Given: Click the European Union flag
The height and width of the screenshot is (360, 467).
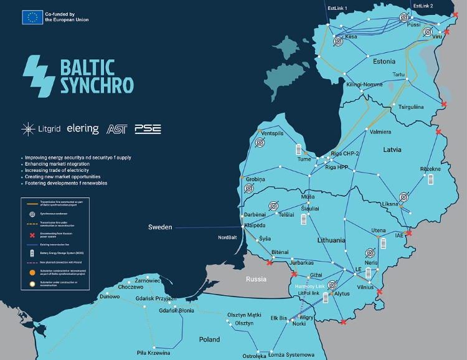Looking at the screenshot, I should tap(32, 17).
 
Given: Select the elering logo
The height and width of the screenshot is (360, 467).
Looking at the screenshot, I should tap(83, 129).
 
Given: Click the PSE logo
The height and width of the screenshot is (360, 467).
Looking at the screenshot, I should tap(148, 129).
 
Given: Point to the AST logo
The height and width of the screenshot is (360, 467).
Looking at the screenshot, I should tap(116, 129).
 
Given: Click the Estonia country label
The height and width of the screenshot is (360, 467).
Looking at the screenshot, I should tap(384, 62).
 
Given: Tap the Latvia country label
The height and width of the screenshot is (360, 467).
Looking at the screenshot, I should tap(392, 149).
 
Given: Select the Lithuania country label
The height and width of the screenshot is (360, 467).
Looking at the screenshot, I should tap(331, 240).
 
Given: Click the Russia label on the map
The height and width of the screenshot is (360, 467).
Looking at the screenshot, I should tap(256, 279).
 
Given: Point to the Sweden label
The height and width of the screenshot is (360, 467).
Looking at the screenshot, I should tap(159, 227).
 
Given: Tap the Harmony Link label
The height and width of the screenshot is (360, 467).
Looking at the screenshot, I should tap(309, 286).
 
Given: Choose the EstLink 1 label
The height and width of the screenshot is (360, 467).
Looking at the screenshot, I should tap(337, 8).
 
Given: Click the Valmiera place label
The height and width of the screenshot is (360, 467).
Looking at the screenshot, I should tap(380, 132).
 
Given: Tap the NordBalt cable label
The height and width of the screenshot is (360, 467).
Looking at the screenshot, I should tap(227, 237).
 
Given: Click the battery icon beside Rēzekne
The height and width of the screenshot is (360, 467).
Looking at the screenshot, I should tap(430, 179).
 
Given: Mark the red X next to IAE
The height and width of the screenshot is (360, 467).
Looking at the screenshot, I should tap(408, 234).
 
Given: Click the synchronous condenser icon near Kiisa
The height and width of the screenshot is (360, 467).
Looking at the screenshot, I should tap(338, 41).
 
